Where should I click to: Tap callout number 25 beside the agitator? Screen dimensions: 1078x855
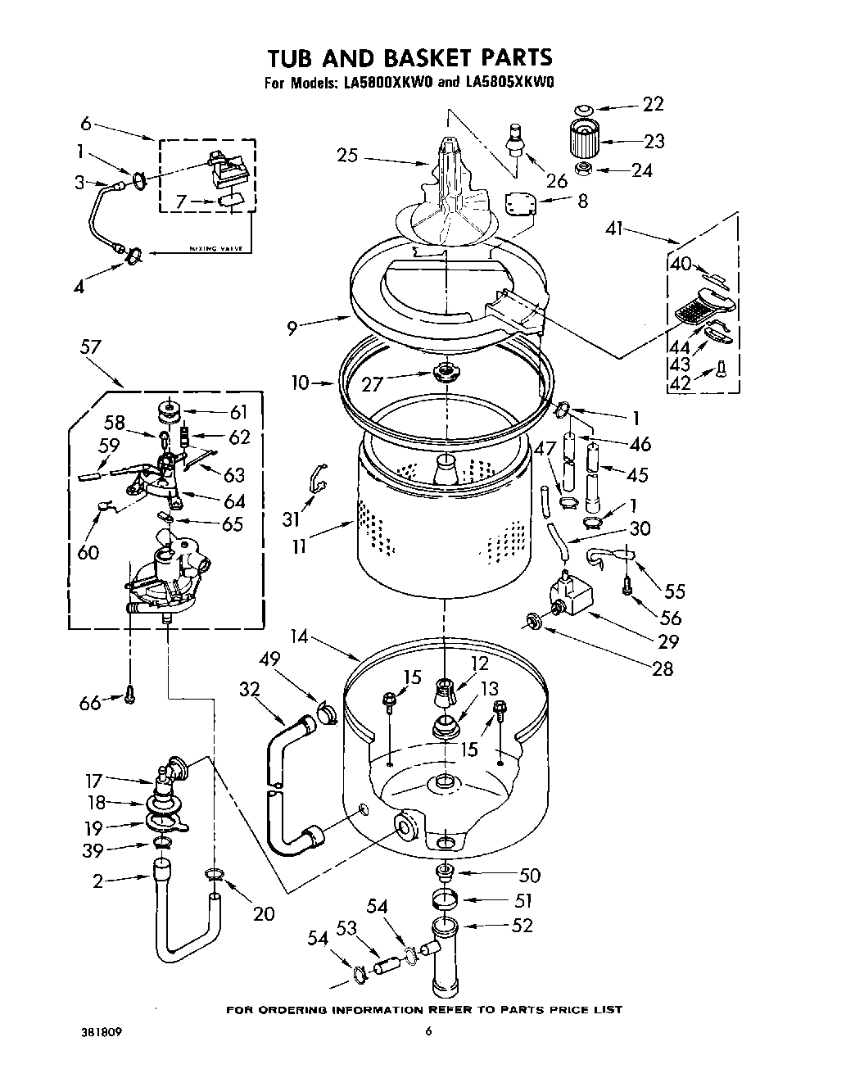pos(348,155)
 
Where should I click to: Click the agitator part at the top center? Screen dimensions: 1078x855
pos(446,188)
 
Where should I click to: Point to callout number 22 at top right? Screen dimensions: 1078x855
pos(653,104)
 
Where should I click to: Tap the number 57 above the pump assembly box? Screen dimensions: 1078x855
pos(90,346)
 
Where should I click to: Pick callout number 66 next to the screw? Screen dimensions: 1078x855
pos(90,702)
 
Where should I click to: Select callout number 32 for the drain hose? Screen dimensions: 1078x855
pos(249,690)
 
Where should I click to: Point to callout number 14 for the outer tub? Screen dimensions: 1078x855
pos(301,636)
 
